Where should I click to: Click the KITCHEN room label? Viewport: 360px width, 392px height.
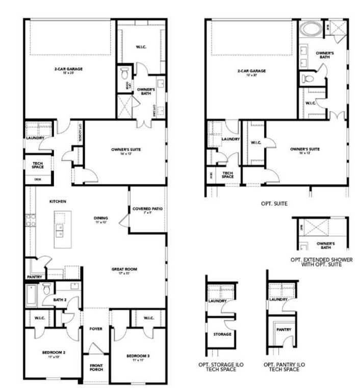click(x=57, y=202)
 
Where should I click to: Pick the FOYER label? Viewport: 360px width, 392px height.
click(x=96, y=329)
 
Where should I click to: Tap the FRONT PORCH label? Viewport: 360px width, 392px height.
click(x=96, y=367)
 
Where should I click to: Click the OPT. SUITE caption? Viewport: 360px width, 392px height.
click(x=274, y=203)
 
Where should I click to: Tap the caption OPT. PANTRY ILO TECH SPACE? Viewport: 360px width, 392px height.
click(x=282, y=367)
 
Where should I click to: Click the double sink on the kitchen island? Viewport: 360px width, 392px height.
click(x=60, y=230)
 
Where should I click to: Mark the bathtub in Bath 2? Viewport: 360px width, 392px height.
click(x=31, y=295)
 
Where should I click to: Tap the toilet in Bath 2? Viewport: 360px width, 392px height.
click(x=46, y=289)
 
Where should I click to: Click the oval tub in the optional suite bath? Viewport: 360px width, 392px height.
click(x=310, y=29)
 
